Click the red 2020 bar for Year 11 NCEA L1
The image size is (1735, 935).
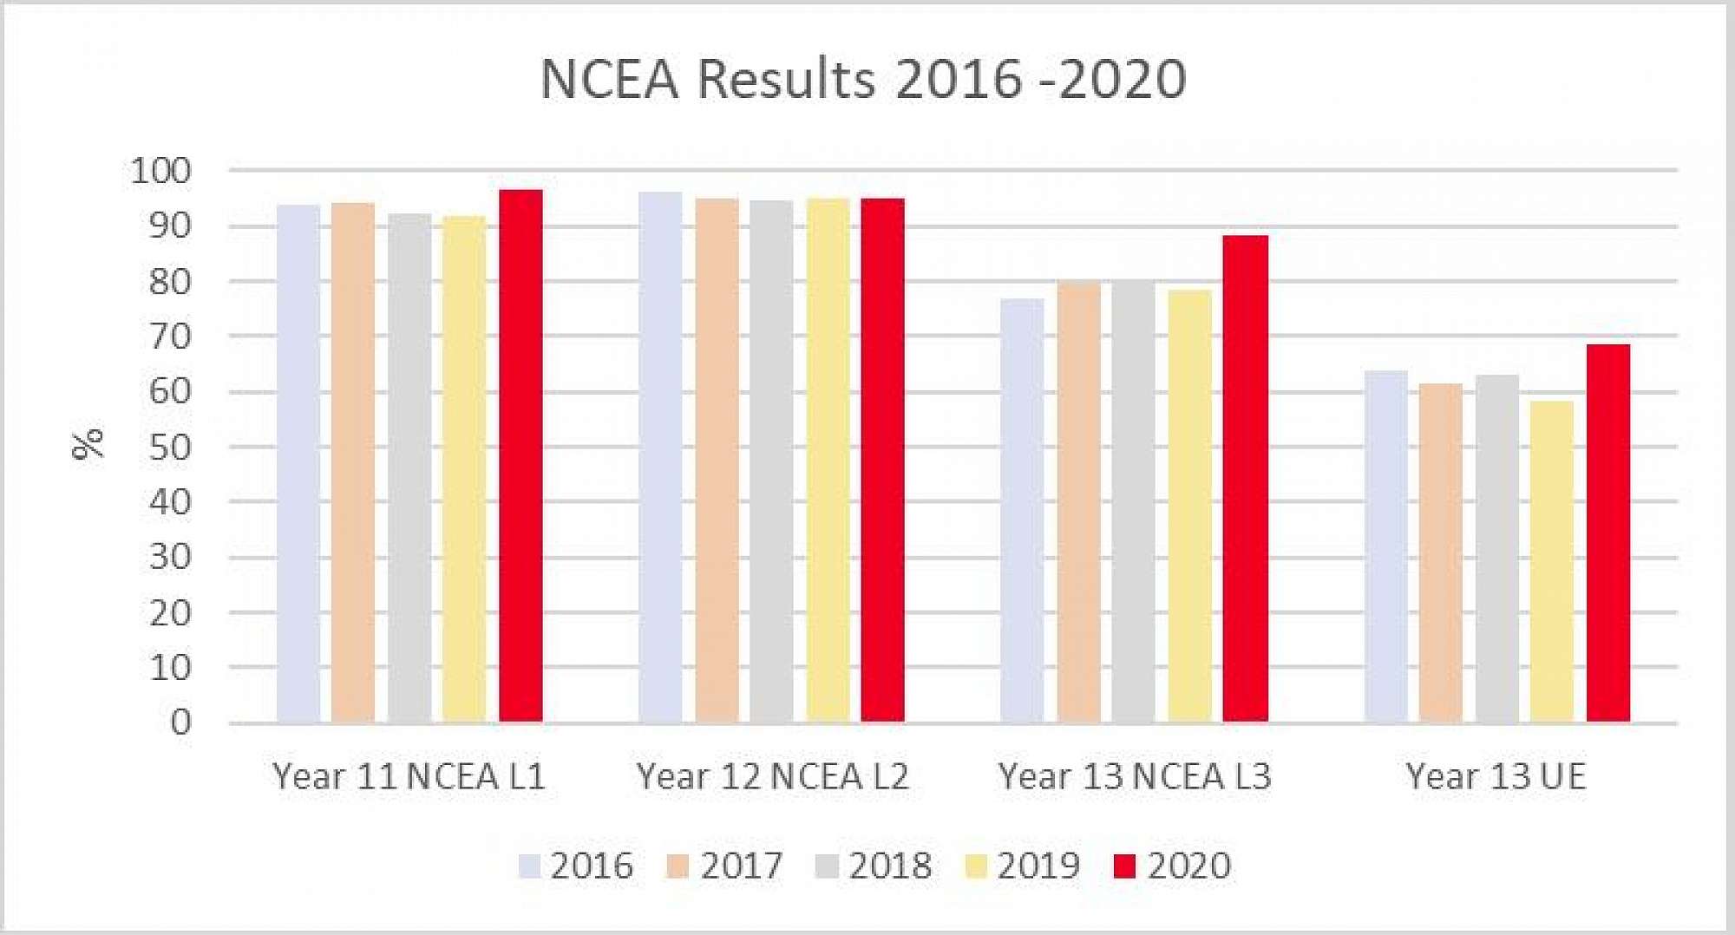click(x=520, y=455)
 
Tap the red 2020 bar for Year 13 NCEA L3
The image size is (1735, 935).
click(x=1245, y=478)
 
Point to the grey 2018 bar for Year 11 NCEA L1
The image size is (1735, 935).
click(x=409, y=467)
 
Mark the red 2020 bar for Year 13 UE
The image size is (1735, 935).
click(x=1608, y=533)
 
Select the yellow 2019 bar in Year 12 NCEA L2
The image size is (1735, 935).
click(x=828, y=460)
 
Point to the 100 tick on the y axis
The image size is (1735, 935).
click(x=160, y=171)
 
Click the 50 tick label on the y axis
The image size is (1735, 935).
click(x=170, y=448)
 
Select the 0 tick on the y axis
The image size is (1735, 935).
click(x=180, y=722)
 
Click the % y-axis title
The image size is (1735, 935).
click(x=88, y=443)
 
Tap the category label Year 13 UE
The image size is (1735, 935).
click(x=1496, y=776)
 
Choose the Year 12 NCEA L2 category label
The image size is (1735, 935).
click(x=772, y=776)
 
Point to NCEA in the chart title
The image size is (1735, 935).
click(x=609, y=80)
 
